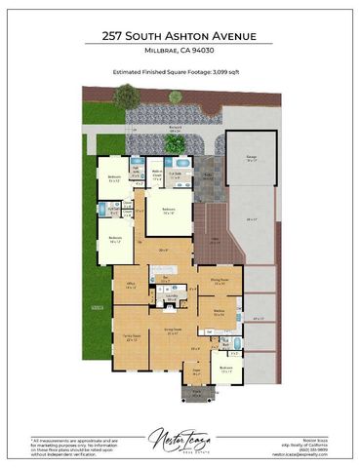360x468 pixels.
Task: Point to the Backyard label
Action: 176,128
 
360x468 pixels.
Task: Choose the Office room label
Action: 131,285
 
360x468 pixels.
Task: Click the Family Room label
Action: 133,336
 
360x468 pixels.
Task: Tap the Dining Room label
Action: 220,281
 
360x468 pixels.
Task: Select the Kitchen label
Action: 219,312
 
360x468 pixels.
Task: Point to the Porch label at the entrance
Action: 194,393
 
